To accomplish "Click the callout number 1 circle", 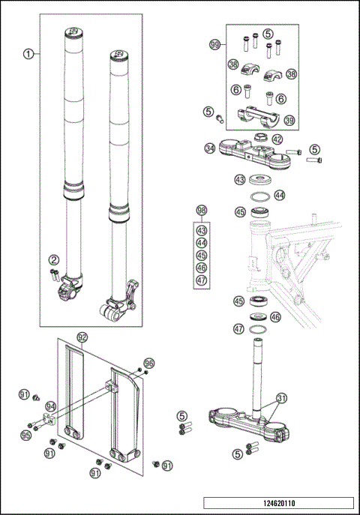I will [x=28, y=54].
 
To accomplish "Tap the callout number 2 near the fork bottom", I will [x=54, y=259].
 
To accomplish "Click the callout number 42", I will [x=277, y=139].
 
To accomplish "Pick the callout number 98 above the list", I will [x=201, y=211].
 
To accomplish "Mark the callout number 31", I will [x=282, y=398].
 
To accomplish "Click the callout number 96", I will [x=148, y=363].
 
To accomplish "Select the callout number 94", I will [x=50, y=406].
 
